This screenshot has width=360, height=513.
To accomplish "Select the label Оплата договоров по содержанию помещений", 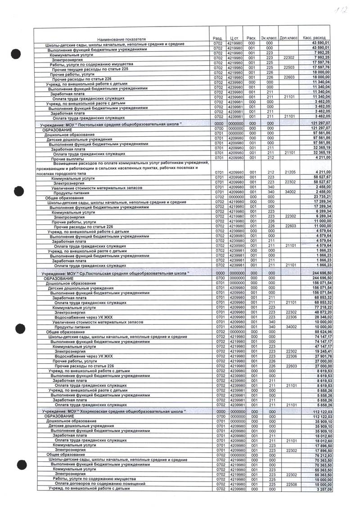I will pos(97,484).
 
